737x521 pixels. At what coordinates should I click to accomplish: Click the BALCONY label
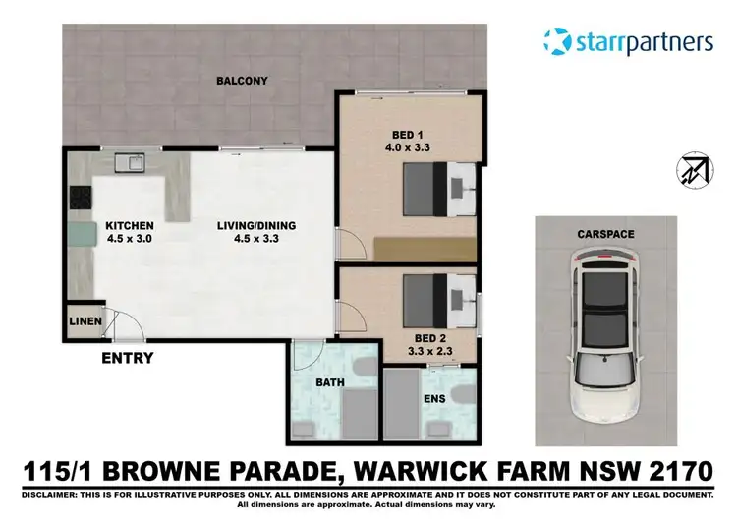coord(241,81)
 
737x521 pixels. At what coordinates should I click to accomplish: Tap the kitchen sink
coord(129,161)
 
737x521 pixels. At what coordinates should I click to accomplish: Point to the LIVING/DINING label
coord(256,225)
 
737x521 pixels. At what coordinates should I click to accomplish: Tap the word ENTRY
coord(128,358)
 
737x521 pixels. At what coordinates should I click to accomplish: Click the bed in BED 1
coord(439,190)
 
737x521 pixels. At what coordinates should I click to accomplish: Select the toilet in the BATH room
coord(363,368)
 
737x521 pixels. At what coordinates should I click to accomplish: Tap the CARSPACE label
coord(605,235)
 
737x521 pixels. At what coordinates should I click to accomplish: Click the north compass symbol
coord(693,170)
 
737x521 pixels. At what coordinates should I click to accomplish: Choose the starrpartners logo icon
coord(557,42)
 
